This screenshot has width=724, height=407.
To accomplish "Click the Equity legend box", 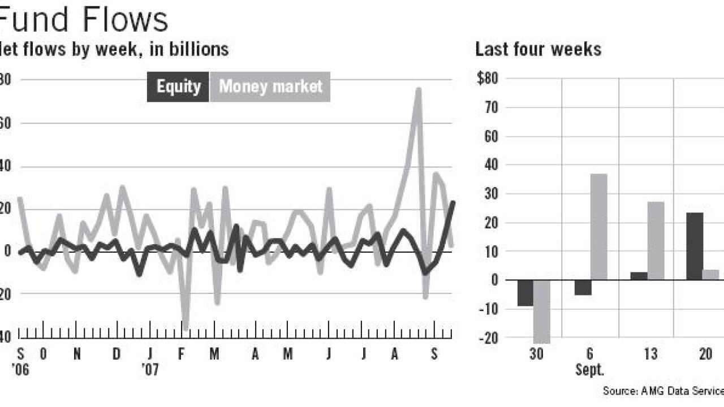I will click(178, 87).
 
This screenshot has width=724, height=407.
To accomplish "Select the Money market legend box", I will click(270, 87).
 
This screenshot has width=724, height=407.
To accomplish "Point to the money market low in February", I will click(185, 327).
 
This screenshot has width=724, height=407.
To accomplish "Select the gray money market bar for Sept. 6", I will click(598, 227).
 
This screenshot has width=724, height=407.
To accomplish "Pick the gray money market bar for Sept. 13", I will click(656, 241).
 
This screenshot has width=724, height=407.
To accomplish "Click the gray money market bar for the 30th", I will click(542, 311).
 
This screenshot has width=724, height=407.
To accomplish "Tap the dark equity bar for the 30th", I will click(525, 293).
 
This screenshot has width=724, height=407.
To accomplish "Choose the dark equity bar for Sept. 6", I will click(583, 287).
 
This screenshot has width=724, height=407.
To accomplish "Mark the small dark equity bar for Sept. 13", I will click(639, 276).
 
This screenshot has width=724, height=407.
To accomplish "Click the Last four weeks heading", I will click(538, 50).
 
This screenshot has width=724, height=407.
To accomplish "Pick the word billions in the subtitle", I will click(199, 50).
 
